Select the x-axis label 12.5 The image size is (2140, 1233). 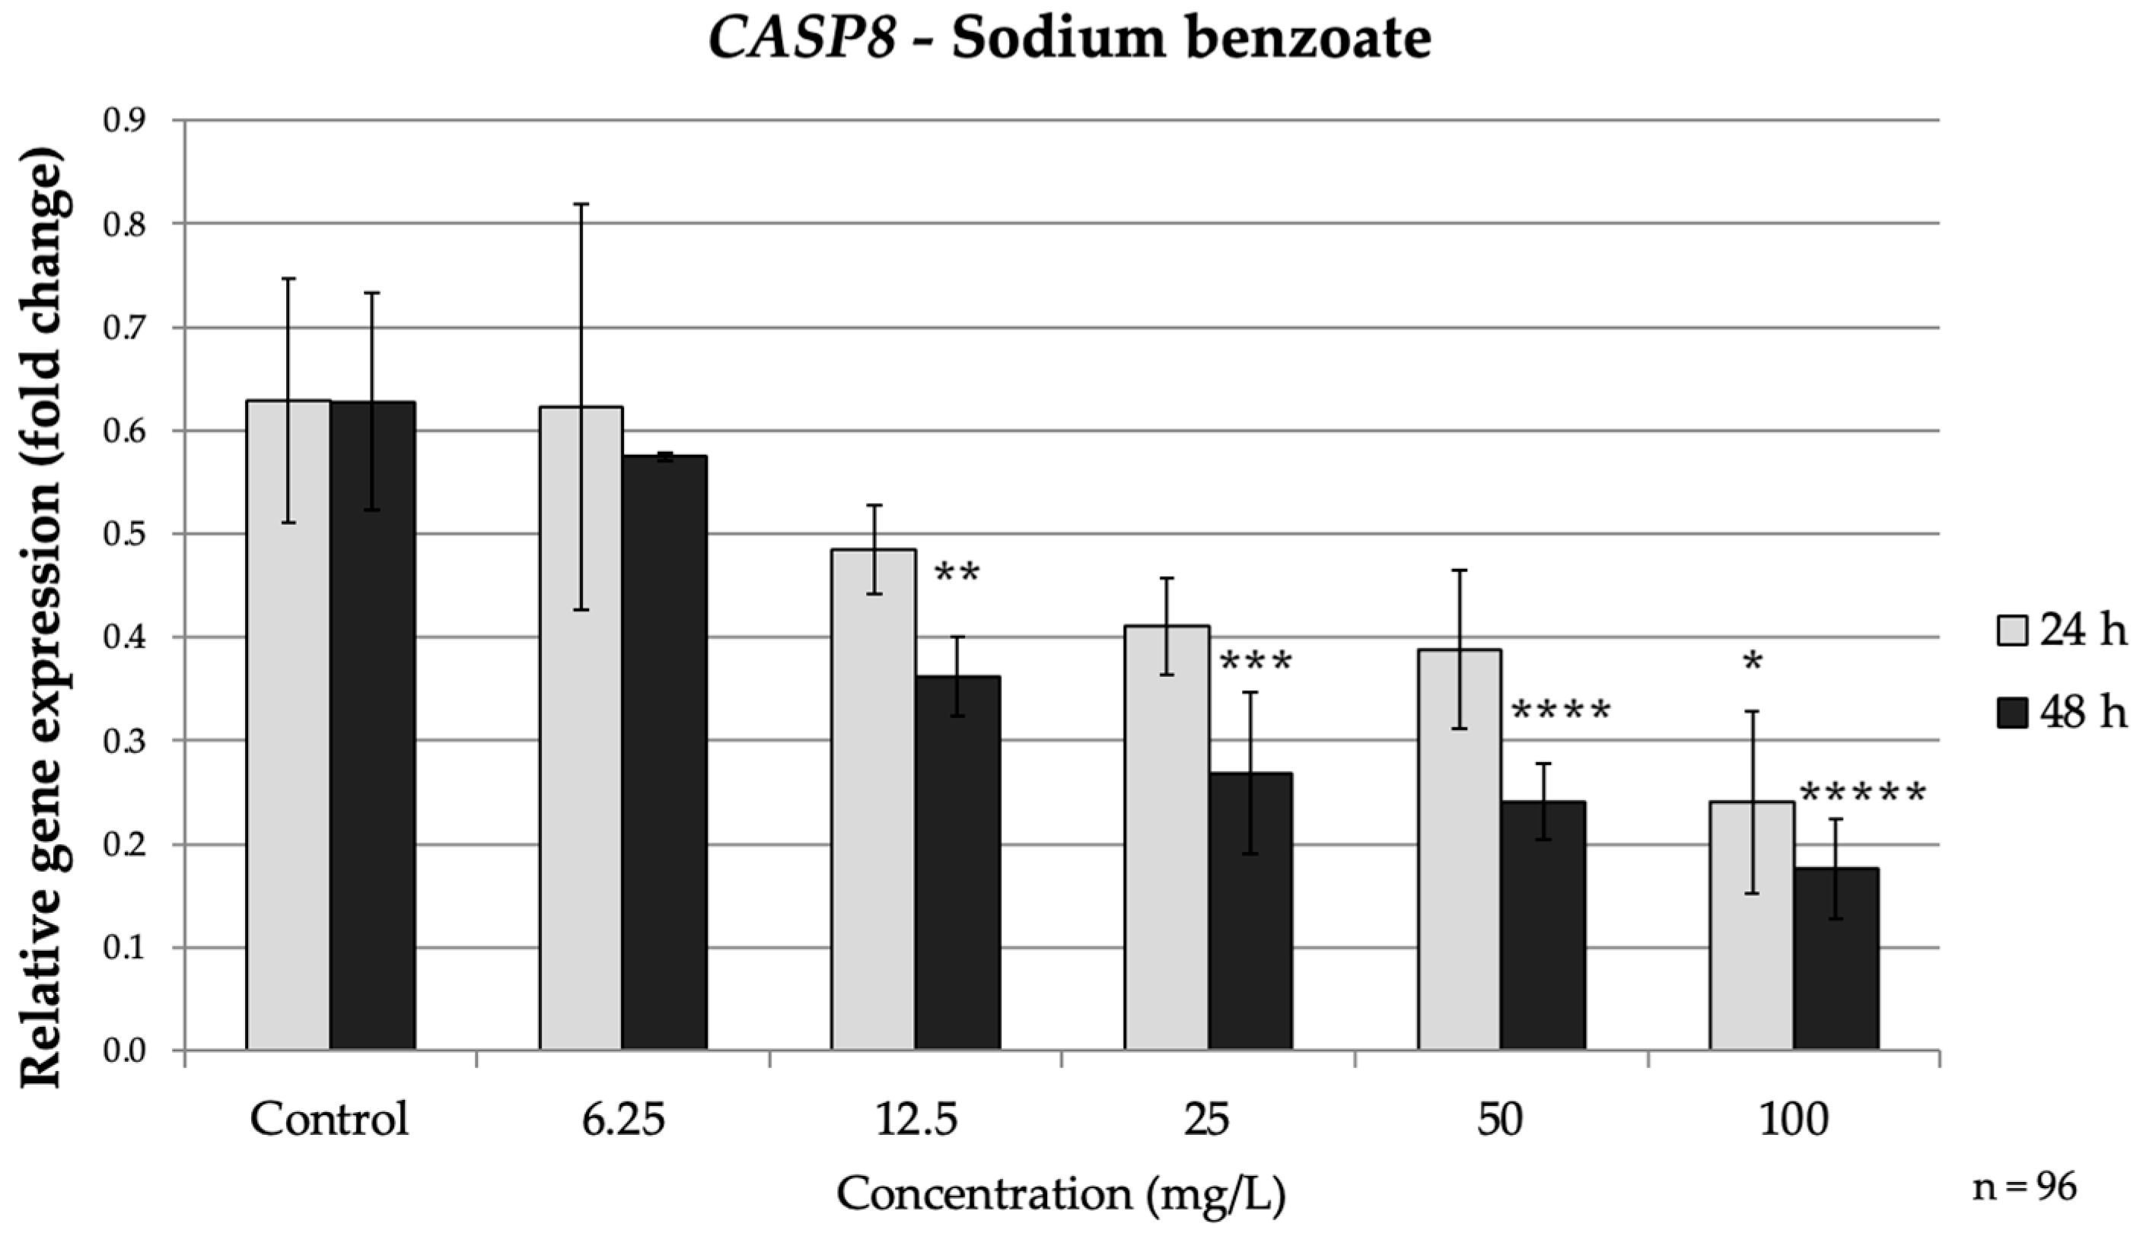pyautogui.click(x=916, y=1120)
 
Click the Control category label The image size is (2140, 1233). pyautogui.click(x=330, y=1120)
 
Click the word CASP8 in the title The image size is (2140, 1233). pyautogui.click(x=801, y=39)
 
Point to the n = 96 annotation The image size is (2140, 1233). pyautogui.click(x=2025, y=1187)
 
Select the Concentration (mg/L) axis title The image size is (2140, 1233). pyautogui.click(x=1062, y=1195)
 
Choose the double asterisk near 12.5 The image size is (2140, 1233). pyautogui.click(x=957, y=574)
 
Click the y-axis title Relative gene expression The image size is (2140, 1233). pyautogui.click(x=43, y=618)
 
